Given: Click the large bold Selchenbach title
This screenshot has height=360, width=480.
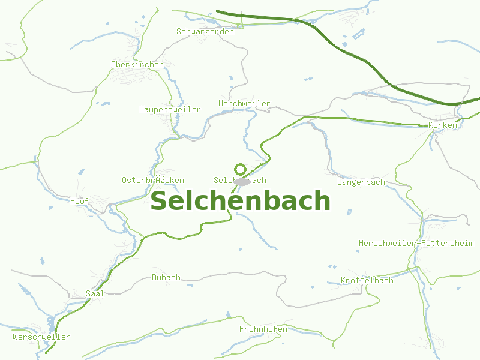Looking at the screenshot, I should click(x=240, y=202).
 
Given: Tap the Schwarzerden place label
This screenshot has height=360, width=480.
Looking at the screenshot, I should click(x=205, y=31).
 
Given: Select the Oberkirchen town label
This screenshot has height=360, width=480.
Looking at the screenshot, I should click(x=137, y=64).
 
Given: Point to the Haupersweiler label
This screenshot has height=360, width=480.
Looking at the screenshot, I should click(x=170, y=109).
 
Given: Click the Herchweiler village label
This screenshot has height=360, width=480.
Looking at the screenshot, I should click(x=244, y=103).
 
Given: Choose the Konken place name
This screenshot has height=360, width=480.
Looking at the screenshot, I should click(x=443, y=125).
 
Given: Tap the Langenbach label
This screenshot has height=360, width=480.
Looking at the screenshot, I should click(x=361, y=182).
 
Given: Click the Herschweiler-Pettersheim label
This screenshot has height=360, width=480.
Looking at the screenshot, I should click(x=416, y=243).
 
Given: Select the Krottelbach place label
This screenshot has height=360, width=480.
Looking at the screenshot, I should click(x=367, y=280).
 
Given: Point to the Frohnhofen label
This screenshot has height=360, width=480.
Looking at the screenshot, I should click(x=263, y=329).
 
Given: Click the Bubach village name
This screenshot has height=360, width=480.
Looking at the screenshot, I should click(x=166, y=277).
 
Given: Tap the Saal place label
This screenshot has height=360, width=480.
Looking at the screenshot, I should click(x=95, y=293).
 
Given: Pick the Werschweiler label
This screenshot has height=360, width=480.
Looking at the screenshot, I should click(x=41, y=337).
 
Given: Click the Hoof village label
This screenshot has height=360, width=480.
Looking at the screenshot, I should click(x=79, y=201).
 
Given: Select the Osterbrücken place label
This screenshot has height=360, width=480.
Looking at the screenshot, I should click(x=152, y=180).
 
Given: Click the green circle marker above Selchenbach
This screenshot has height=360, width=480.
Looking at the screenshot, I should click(x=240, y=169).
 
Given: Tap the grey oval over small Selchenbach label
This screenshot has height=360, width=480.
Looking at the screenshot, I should click(x=242, y=181).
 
